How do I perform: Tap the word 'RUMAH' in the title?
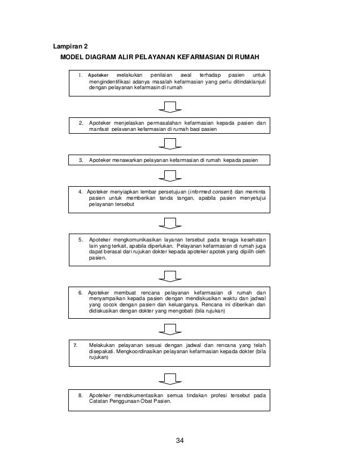(248, 58)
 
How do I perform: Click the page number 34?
(179, 441)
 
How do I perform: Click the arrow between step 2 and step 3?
(170, 143)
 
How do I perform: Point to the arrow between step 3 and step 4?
(170, 175)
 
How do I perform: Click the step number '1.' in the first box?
(81, 74)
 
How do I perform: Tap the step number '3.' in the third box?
(81, 160)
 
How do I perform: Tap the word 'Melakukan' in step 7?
(103, 344)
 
